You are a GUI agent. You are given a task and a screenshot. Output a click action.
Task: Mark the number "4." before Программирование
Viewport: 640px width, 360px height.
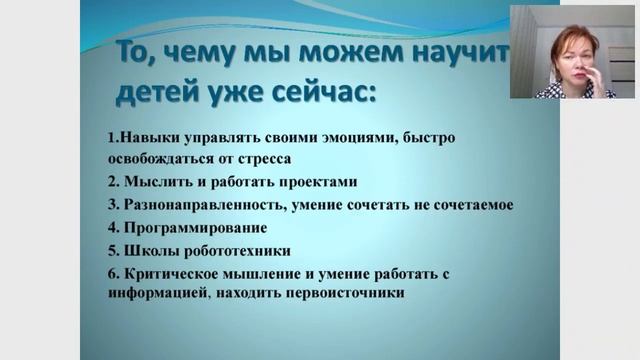tap(113, 227)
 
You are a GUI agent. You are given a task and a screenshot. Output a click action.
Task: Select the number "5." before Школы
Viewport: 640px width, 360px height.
tap(113, 250)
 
